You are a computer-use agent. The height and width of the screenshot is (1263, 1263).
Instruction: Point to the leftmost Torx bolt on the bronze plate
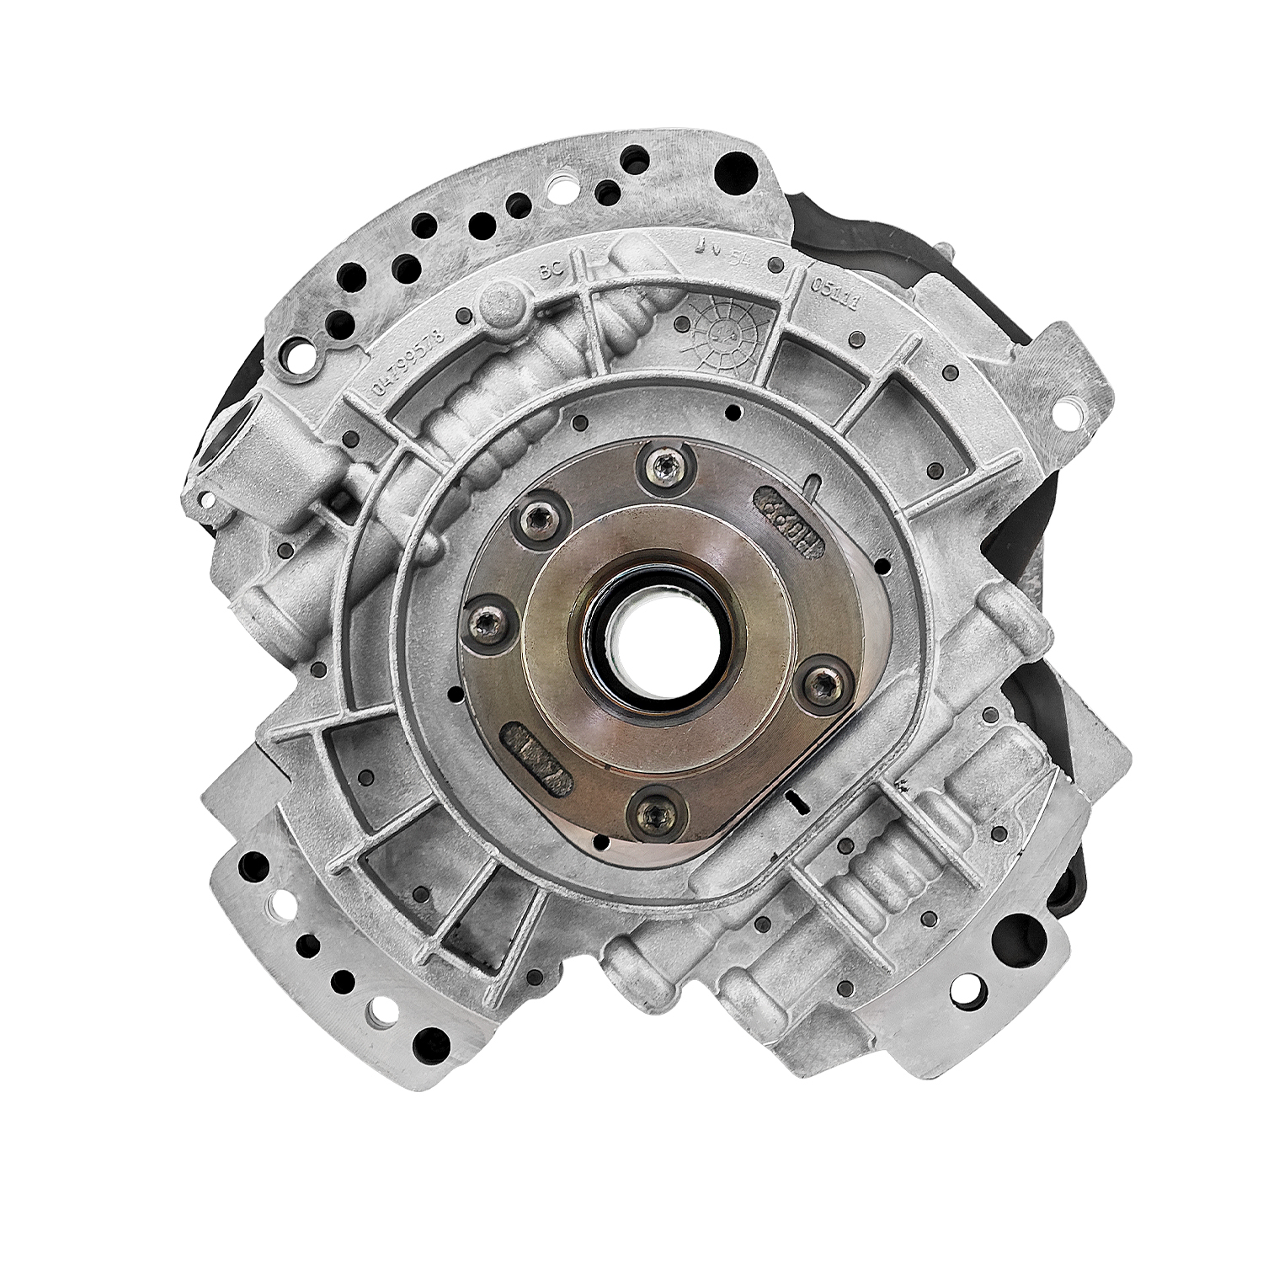(x=485, y=621)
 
